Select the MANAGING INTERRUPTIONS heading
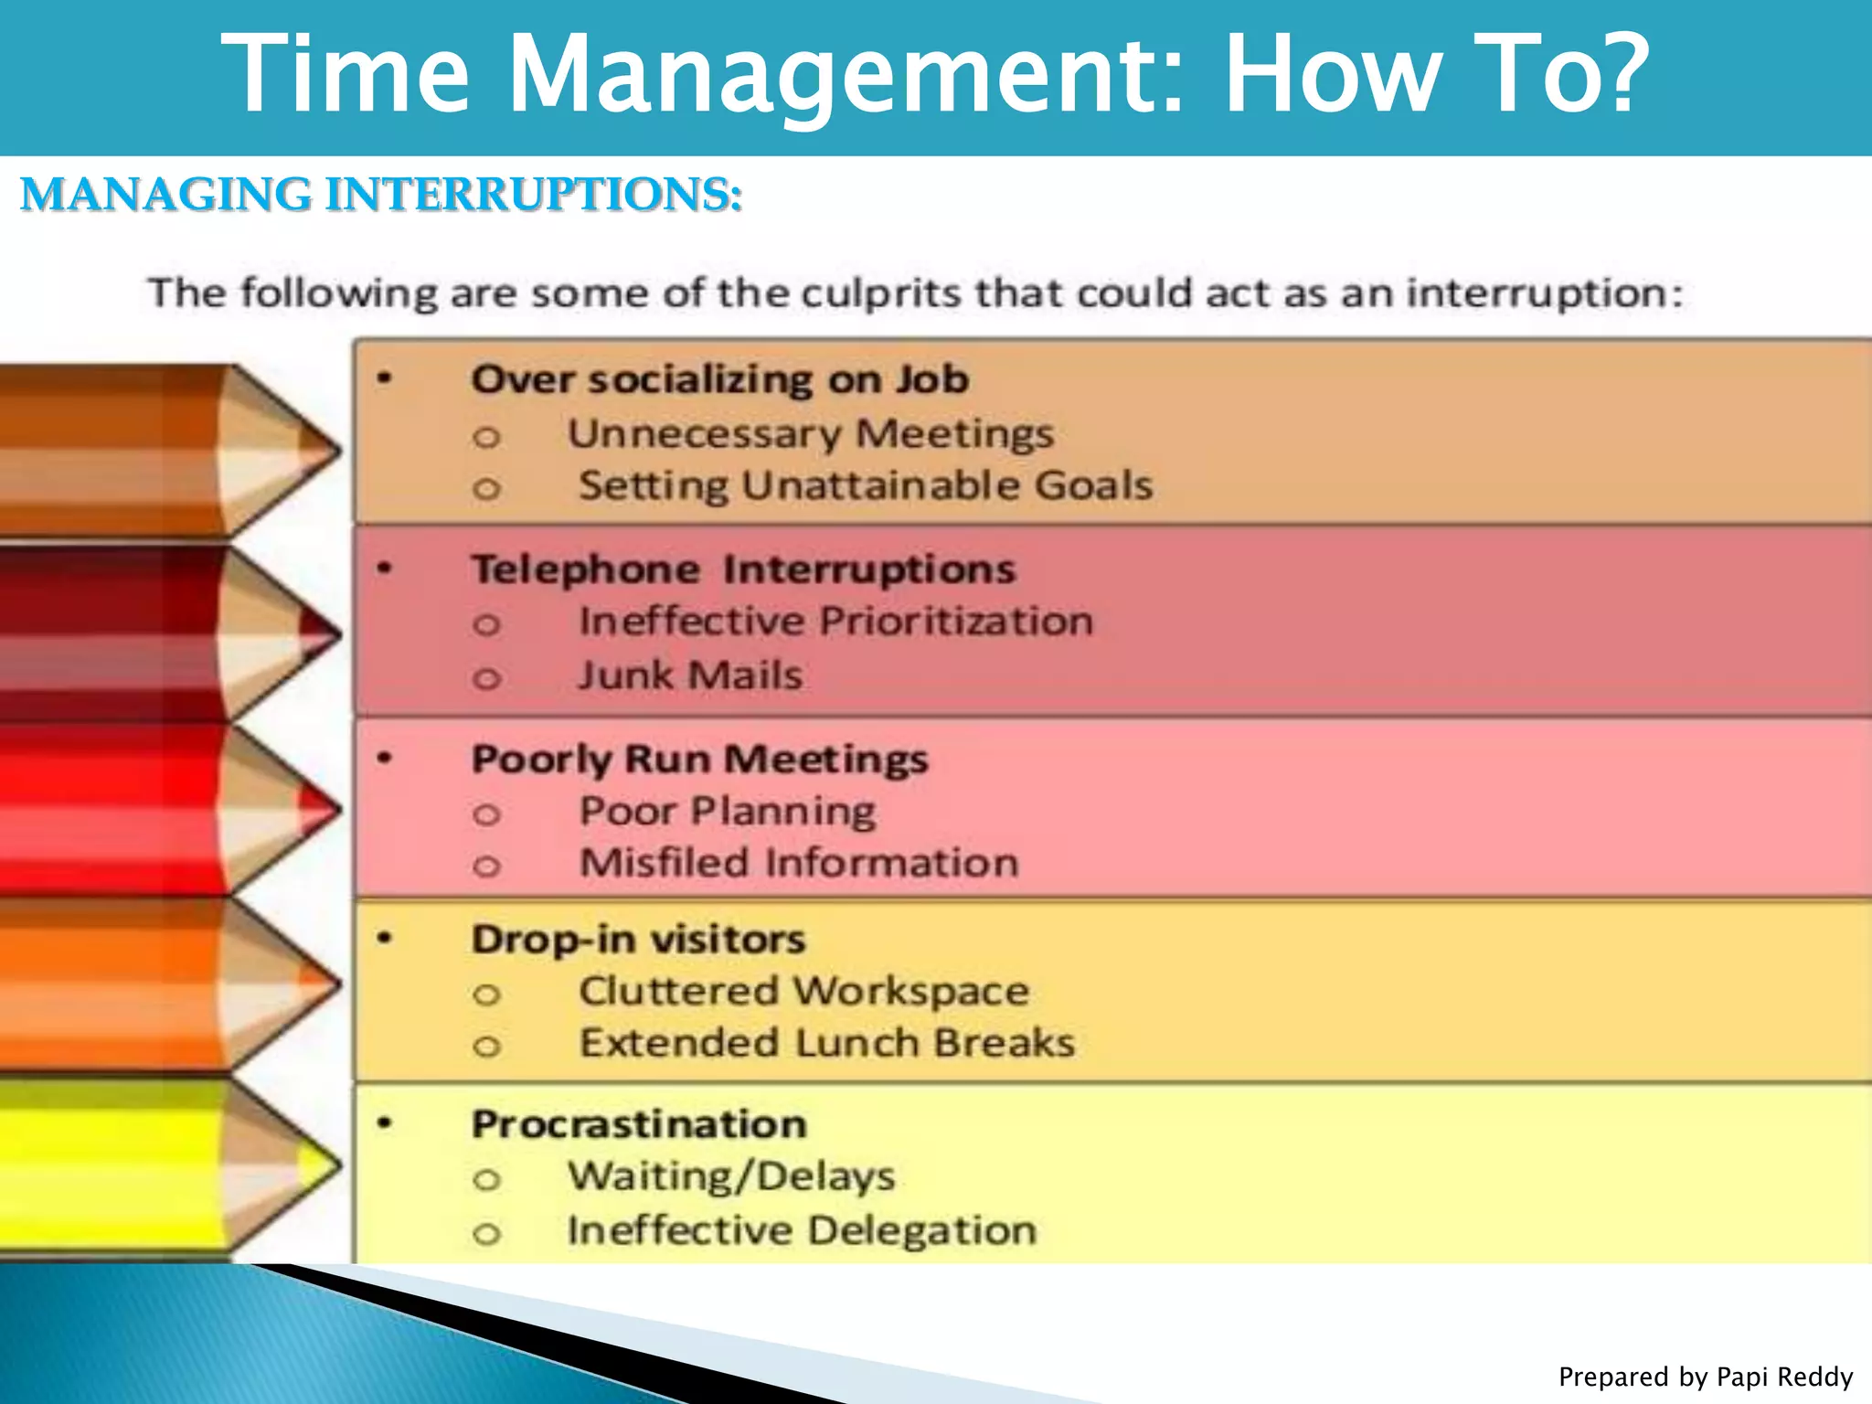381,195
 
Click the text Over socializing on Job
719,379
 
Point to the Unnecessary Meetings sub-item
810,433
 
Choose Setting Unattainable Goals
865,485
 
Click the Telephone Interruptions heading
743,569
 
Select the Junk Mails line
690,675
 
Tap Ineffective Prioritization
835,622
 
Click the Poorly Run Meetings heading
699,759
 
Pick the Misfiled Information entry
798,863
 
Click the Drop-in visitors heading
638,939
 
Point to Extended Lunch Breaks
826,1043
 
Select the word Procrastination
639,1123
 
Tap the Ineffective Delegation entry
802,1230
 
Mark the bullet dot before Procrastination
385,1122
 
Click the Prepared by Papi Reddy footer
1705,1377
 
